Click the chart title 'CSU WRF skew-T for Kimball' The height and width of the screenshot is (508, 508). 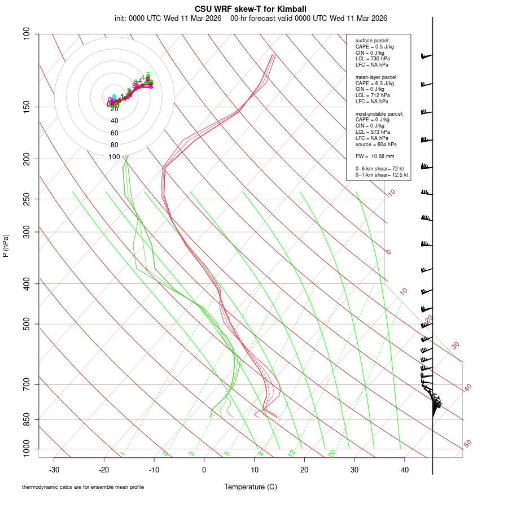(x=251, y=9)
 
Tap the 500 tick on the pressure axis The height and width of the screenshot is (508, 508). (x=27, y=324)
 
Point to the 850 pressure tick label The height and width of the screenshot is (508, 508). (x=27, y=419)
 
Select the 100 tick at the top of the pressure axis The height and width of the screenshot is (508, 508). (x=27, y=34)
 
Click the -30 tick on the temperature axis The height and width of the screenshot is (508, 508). (x=54, y=470)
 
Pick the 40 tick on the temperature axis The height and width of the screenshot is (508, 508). (x=404, y=470)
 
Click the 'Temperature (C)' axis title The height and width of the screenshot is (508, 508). (x=250, y=487)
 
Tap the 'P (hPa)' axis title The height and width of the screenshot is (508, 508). (x=6, y=246)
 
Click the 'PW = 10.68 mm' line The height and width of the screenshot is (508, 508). (x=375, y=156)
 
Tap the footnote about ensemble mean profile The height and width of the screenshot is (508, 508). (x=82, y=487)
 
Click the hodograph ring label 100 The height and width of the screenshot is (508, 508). (x=115, y=156)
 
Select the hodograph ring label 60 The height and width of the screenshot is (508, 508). (x=115, y=133)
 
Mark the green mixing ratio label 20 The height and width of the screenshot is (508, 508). (x=332, y=453)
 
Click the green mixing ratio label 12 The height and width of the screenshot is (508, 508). (x=292, y=453)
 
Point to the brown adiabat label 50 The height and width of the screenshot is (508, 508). (x=467, y=444)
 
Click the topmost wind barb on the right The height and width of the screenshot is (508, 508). (x=426, y=56)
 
